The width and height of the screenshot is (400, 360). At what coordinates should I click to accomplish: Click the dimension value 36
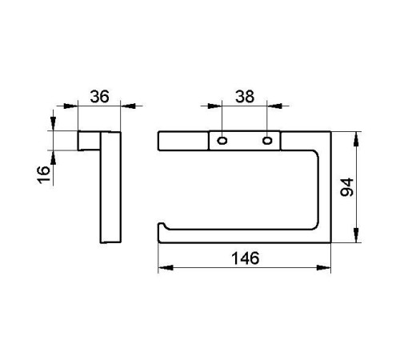click(x=99, y=97)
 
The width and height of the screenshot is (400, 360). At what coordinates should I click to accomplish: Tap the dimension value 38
click(x=245, y=97)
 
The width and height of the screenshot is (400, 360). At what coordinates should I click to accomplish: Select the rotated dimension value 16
click(x=43, y=174)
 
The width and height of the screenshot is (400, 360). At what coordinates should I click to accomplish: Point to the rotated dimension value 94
click(x=347, y=187)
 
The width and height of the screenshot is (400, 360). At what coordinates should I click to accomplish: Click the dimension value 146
click(x=246, y=258)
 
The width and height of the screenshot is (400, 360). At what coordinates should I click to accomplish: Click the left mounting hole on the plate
click(x=222, y=140)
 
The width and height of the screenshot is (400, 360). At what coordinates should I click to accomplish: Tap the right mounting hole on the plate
click(x=267, y=140)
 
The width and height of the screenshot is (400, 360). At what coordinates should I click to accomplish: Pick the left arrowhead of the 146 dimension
click(x=166, y=267)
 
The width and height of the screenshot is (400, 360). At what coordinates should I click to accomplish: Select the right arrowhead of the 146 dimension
click(x=323, y=267)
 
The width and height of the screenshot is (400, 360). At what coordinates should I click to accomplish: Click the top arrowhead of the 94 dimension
click(x=356, y=139)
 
